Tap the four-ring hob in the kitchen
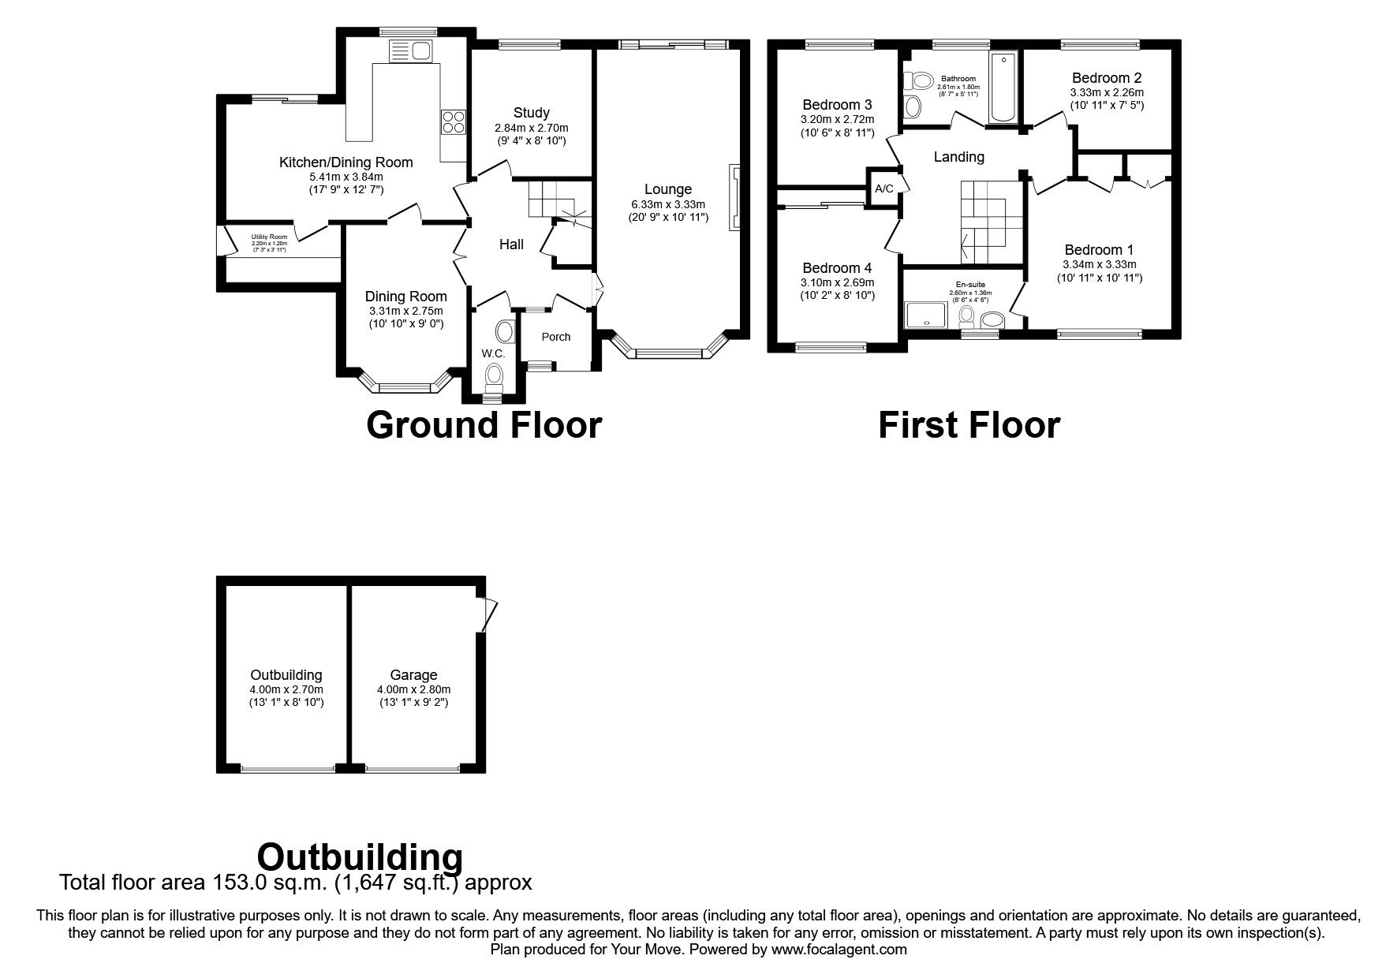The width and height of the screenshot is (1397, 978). pyautogui.click(x=453, y=122)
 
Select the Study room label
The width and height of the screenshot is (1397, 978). pyautogui.click(x=531, y=113)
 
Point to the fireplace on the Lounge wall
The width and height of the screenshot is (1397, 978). pyautogui.click(x=735, y=197)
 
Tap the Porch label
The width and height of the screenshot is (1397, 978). pyautogui.click(x=555, y=337)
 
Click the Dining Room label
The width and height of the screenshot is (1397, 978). pyautogui.click(x=405, y=297)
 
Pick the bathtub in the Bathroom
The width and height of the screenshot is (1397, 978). pyautogui.click(x=1003, y=88)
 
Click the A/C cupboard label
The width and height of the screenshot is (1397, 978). pyautogui.click(x=883, y=189)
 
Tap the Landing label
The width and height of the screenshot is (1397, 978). pyautogui.click(x=958, y=157)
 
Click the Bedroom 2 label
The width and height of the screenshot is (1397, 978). pyautogui.click(x=1106, y=78)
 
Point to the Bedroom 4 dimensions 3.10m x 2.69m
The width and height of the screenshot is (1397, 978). pyautogui.click(x=836, y=282)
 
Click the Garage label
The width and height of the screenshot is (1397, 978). pyautogui.click(x=413, y=675)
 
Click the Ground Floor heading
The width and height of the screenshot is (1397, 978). pyautogui.click(x=484, y=425)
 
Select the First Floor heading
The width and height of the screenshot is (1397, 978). pyautogui.click(x=969, y=425)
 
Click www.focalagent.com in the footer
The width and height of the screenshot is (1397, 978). pyautogui.click(x=839, y=950)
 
